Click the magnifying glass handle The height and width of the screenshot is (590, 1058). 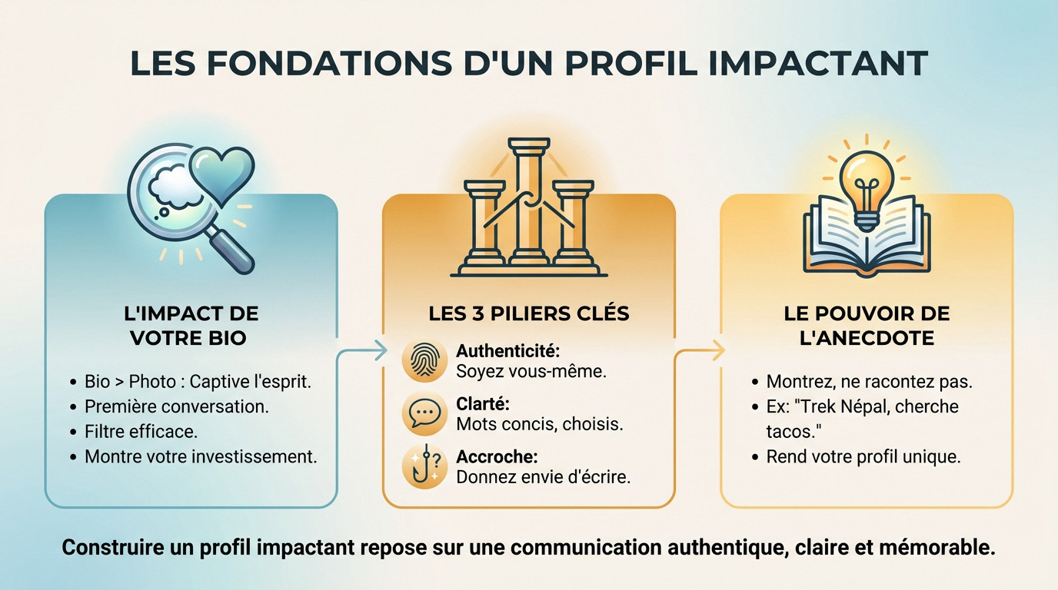[x=231, y=249]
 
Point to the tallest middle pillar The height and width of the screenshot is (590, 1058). [x=529, y=201]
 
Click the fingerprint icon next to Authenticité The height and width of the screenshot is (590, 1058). [x=424, y=360]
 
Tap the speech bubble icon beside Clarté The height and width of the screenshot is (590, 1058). [x=424, y=413]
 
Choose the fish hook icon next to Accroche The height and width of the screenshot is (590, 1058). [x=424, y=466]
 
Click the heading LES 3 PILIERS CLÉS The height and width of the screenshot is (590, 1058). [x=528, y=314]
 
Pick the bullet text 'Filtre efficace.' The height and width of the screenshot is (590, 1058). [x=141, y=432]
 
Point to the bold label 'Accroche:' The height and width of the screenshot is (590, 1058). [x=497, y=457]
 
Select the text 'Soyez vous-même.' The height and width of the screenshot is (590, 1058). [x=531, y=372]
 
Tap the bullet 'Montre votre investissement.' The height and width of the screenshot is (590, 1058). [x=201, y=457]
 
